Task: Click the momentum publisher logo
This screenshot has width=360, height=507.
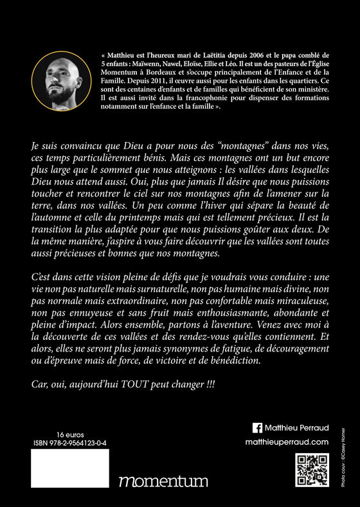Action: (163, 481)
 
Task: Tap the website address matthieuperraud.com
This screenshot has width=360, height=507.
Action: (287, 442)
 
